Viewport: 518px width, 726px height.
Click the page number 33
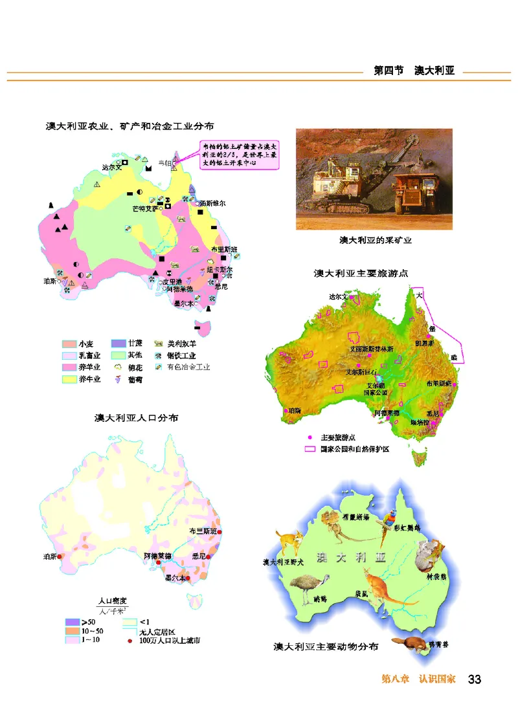(x=475, y=679)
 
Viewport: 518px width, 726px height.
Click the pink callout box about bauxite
(x=240, y=155)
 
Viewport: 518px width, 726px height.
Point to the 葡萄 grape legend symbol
(x=118, y=379)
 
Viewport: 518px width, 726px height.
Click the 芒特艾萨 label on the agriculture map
(x=144, y=208)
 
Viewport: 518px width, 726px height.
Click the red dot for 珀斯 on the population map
(x=60, y=556)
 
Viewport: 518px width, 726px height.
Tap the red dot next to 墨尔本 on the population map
(x=188, y=578)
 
